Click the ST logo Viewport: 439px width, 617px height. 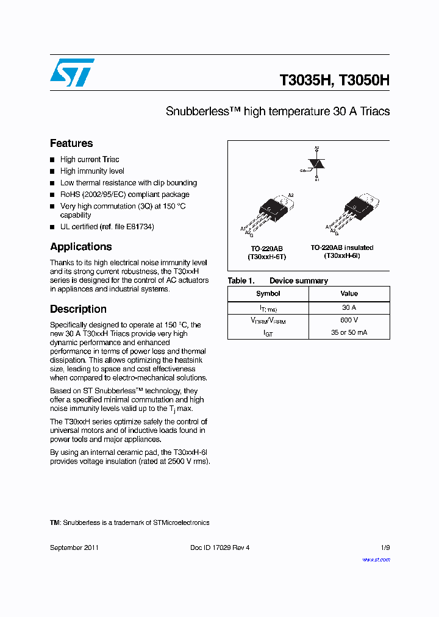coord(72,73)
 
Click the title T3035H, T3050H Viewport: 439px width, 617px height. coord(334,80)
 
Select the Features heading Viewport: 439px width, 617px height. coord(71,143)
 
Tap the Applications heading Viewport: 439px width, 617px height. coord(80,247)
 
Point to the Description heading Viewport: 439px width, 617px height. coord(78,309)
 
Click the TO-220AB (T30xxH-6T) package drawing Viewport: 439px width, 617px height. coord(268,213)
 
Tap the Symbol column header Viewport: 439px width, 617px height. coord(268,293)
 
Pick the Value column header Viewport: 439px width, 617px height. coord(349,293)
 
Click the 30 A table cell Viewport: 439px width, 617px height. coord(349,308)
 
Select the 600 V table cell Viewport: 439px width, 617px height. coord(349,320)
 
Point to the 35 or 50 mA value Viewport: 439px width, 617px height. coord(349,333)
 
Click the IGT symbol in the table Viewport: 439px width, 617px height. coord(268,333)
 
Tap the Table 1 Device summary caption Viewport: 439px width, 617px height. coord(277,281)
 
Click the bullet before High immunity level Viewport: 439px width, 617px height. coord(52,171)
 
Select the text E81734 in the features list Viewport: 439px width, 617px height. coord(140,227)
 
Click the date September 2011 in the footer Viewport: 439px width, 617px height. coord(74,547)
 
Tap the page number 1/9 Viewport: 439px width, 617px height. coord(384,547)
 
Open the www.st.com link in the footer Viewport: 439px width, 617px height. coord(376,559)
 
